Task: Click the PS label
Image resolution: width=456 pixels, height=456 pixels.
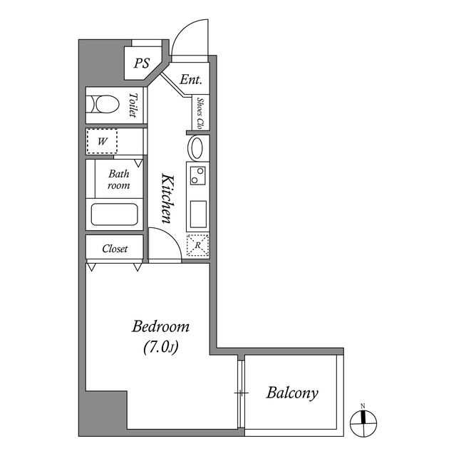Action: [142, 63]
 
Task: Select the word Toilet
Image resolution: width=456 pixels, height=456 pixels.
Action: [133, 105]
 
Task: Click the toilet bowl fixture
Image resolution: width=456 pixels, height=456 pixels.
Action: [104, 105]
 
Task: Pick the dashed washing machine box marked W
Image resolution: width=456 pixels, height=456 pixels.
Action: [102, 141]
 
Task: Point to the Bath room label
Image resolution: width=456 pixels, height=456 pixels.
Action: [118, 180]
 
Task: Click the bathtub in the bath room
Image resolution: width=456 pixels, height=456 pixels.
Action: [114, 214]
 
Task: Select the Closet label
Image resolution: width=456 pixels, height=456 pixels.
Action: [115, 249]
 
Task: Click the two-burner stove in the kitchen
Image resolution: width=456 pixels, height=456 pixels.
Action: [197, 175]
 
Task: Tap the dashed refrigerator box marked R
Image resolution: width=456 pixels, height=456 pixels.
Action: [197, 246]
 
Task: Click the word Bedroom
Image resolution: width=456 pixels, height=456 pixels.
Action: [161, 327]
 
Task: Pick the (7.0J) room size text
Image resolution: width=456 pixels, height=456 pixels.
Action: [161, 348]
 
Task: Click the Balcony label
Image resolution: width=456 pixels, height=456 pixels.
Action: [292, 393]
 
